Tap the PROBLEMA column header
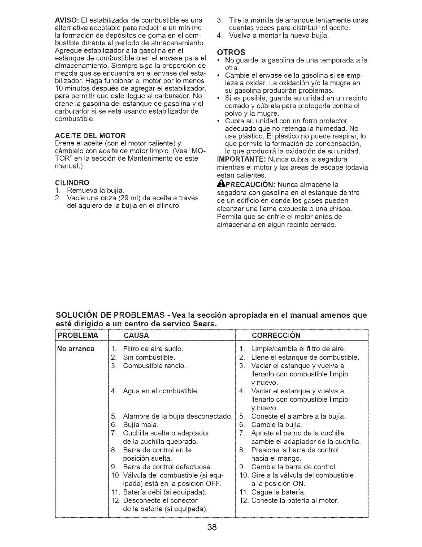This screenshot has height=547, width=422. pyautogui.click(x=78, y=336)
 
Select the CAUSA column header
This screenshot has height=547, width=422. pyautogui.click(x=136, y=336)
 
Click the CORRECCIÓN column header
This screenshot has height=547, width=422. pyautogui.click(x=276, y=336)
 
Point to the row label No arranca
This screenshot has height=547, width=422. pyautogui.click(x=76, y=349)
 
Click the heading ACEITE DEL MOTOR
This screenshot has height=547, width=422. pyautogui.click(x=90, y=135)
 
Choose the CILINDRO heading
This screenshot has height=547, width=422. pyautogui.click(x=72, y=182)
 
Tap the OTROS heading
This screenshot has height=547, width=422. pyautogui.click(x=230, y=52)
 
